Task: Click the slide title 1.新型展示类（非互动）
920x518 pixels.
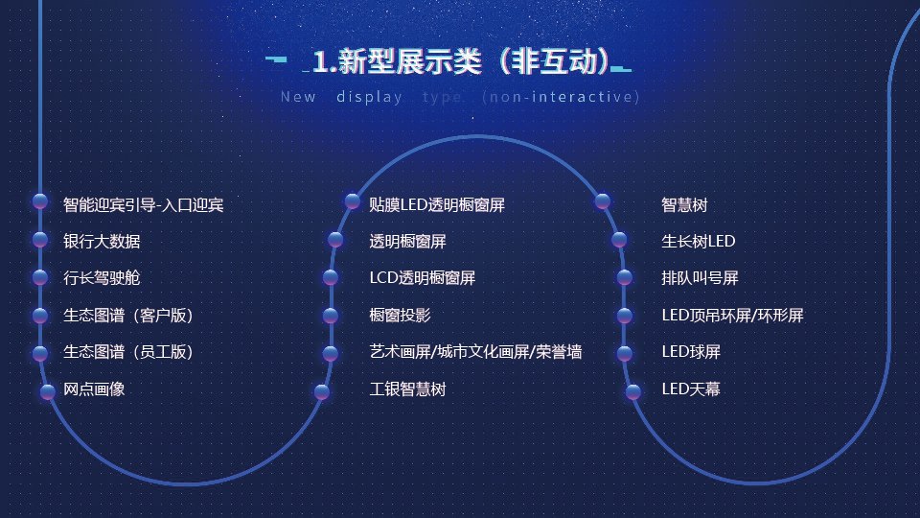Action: click(x=461, y=61)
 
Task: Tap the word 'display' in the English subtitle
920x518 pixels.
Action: click(x=369, y=97)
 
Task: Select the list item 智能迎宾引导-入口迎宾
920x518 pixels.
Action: click(x=143, y=205)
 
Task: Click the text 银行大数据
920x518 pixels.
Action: click(x=102, y=242)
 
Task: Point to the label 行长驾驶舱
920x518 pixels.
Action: click(x=102, y=278)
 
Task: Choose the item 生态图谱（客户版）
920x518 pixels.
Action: click(x=127, y=316)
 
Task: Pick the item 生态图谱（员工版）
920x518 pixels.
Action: click(x=127, y=352)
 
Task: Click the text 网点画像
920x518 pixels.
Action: click(x=94, y=388)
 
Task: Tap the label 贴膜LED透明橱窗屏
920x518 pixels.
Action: click(x=437, y=205)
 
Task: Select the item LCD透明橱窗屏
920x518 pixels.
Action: click(x=423, y=278)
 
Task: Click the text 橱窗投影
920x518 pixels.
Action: click(x=401, y=316)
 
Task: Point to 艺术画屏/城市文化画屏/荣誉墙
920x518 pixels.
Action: click(x=476, y=352)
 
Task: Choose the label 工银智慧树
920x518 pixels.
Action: click(x=408, y=388)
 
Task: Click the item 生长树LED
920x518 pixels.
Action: click(x=699, y=242)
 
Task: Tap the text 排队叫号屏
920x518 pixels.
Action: click(x=700, y=278)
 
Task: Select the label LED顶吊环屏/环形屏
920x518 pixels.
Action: click(x=732, y=316)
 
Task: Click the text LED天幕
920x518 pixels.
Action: click(x=691, y=388)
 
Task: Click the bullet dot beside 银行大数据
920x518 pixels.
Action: click(x=40, y=239)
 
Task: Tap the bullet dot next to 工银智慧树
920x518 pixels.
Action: click(x=322, y=391)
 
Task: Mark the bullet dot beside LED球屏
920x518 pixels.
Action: click(x=624, y=353)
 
